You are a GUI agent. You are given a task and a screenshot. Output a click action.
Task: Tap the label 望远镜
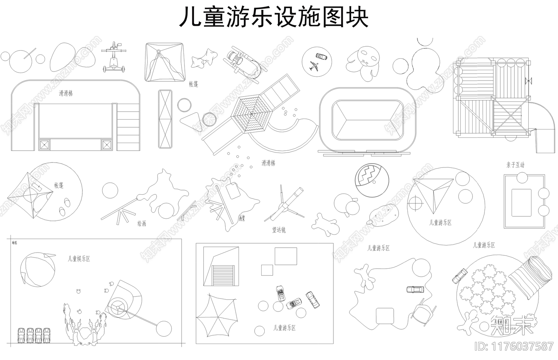(279, 230)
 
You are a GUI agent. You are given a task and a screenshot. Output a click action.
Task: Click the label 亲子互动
(515, 165)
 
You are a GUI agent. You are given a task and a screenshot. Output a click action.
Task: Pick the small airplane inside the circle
(314, 66)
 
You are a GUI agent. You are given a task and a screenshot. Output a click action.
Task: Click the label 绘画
(142, 224)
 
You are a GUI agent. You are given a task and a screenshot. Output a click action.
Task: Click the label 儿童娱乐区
(79, 259)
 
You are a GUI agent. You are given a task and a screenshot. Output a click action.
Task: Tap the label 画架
(242, 218)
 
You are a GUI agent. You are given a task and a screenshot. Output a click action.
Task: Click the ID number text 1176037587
(514, 346)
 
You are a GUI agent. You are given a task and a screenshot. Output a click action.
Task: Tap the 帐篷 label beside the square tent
(193, 84)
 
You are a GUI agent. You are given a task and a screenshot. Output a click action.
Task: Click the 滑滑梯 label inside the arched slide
(66, 93)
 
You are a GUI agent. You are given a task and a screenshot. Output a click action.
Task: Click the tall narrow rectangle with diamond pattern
(165, 119)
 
